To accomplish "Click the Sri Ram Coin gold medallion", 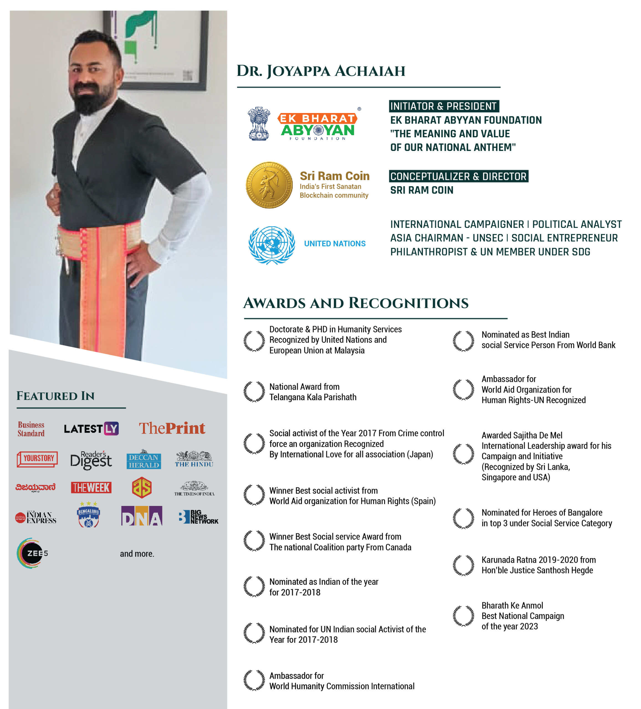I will click(269, 185).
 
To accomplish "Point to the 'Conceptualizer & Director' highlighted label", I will click(458, 176).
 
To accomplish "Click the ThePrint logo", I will click(172, 428).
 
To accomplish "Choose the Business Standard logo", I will click(31, 429).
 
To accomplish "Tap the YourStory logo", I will click(37, 459).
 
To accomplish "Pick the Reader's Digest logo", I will click(91, 460).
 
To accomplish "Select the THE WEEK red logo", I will click(91, 487).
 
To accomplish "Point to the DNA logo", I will click(142, 516).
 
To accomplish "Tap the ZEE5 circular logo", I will click(32, 553).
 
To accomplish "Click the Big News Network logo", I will click(198, 517).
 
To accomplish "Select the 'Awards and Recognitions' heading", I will click(356, 303).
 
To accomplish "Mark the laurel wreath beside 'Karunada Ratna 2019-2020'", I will click(463, 565).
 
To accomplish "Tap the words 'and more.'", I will click(137, 554).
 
